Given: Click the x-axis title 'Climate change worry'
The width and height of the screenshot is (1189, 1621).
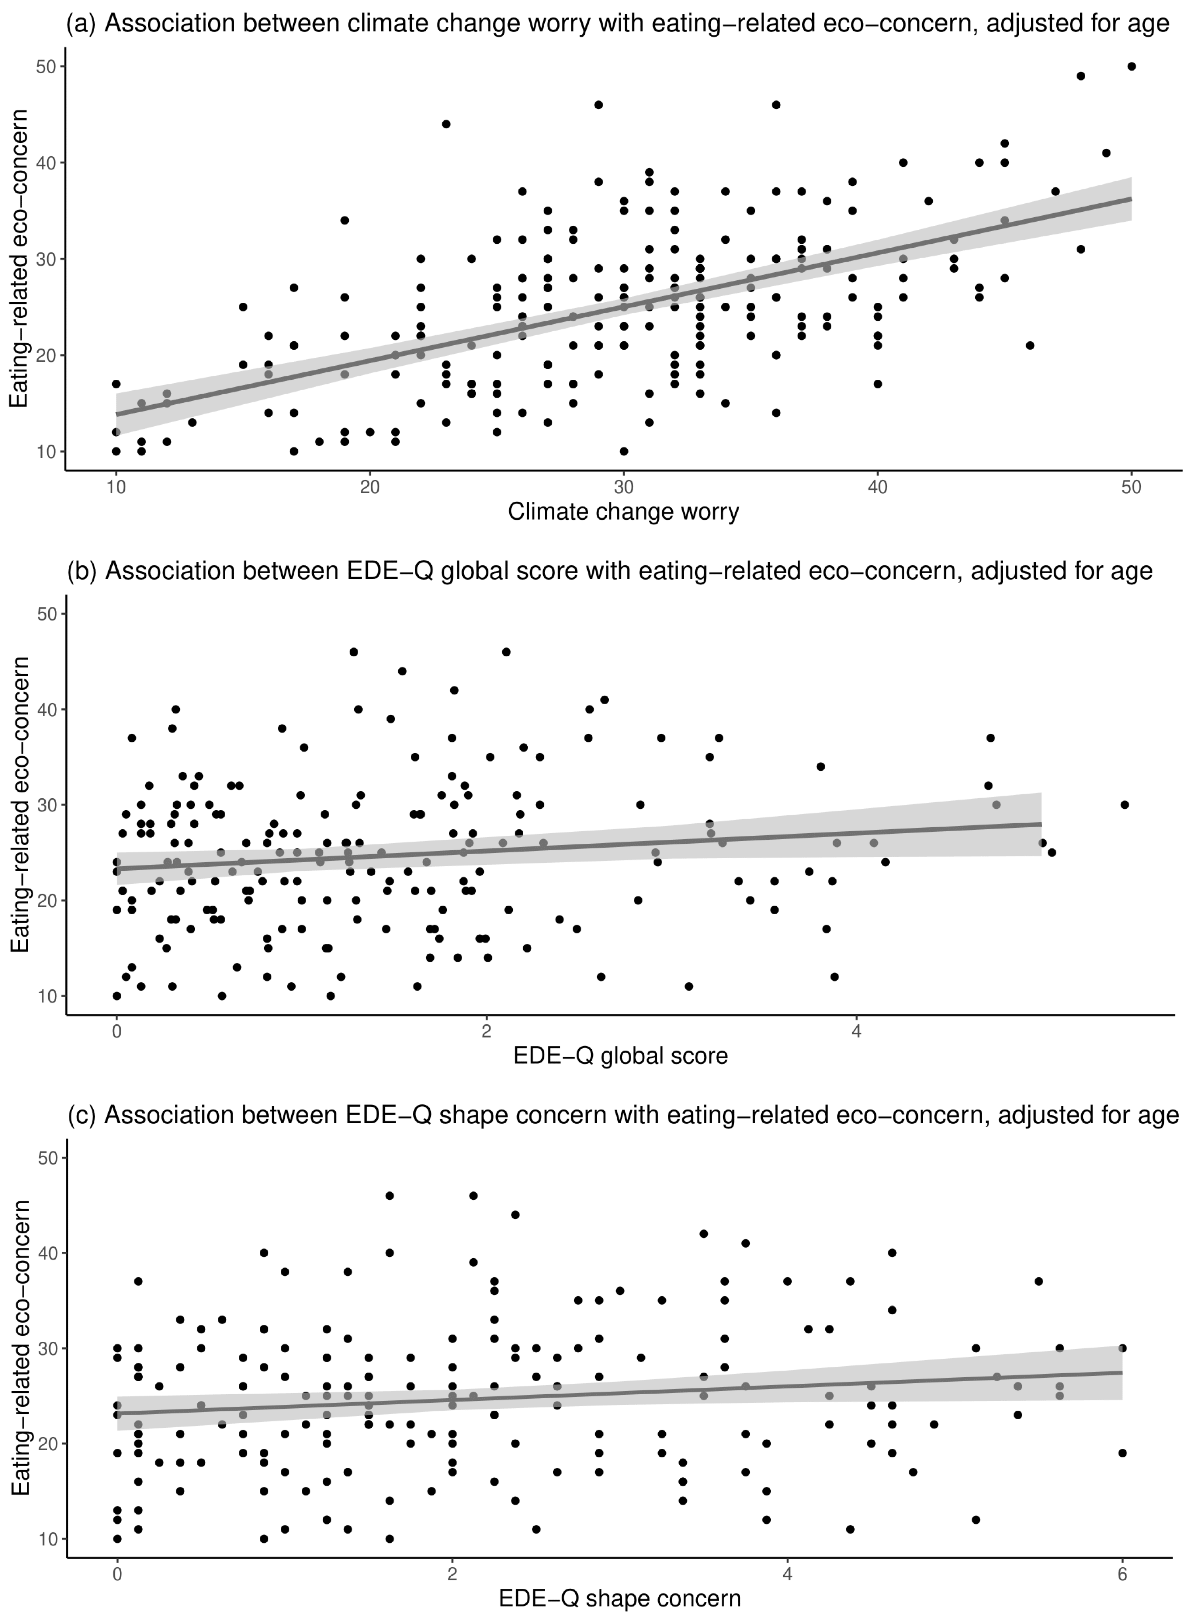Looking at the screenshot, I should click(x=623, y=511).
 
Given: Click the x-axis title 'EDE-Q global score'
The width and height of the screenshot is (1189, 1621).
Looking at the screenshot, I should click(x=620, y=1056).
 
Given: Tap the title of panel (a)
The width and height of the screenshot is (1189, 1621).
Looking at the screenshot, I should click(x=618, y=24).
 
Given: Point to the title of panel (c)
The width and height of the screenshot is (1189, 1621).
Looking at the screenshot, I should click(x=623, y=1115).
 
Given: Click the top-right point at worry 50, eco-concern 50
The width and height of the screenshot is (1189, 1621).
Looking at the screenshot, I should click(x=1132, y=66).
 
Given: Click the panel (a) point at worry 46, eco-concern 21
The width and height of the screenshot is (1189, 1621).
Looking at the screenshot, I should click(x=1030, y=346).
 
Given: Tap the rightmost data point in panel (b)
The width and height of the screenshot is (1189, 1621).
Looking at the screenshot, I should click(x=1124, y=805).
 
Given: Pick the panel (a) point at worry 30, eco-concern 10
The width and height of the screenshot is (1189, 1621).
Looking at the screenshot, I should click(x=623, y=451).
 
